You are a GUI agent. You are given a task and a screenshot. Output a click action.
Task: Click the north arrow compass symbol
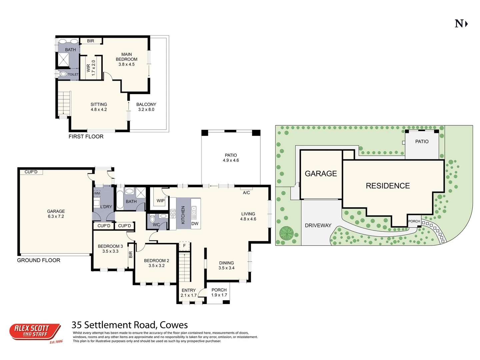[461, 24]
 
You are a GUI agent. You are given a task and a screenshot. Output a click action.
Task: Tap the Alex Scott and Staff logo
[35, 332]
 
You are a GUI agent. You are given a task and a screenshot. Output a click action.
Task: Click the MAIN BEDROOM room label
[126, 59]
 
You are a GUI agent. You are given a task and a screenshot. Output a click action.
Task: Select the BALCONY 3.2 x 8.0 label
[146, 107]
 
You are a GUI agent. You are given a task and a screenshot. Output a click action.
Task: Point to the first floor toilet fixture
[63, 74]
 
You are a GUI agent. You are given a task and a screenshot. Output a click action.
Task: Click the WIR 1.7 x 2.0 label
[91, 68]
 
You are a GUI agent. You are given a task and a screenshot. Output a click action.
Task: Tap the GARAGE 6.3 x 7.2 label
[56, 214]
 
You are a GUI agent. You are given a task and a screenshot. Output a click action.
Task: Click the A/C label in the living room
[246, 193]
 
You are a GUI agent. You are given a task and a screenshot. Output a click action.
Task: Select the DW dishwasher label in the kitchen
[195, 224]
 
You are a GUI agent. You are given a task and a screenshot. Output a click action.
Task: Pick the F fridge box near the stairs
[184, 246]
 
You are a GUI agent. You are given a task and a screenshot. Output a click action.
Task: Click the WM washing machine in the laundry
[97, 193]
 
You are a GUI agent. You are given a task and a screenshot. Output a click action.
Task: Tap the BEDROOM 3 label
[110, 249]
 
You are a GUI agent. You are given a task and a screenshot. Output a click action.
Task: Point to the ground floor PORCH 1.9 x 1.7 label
[219, 292]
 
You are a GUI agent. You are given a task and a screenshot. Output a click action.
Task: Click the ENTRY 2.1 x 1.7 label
[189, 293]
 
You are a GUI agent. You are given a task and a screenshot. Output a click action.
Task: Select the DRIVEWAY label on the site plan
[318, 225]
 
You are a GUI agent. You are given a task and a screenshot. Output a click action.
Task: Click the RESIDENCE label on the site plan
[388, 186]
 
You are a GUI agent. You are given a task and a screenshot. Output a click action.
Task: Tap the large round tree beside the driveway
[286, 233]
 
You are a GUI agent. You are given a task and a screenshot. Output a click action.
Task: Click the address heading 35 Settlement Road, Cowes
[130, 325]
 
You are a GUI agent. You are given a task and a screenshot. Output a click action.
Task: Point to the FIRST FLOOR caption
[86, 136]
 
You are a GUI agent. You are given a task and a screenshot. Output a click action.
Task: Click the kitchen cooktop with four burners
[173, 214]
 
